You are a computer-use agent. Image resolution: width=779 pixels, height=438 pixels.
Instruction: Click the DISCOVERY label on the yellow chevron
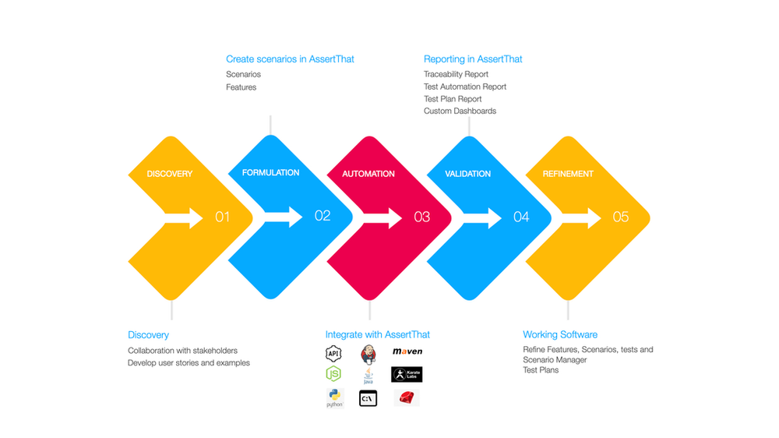(169, 174)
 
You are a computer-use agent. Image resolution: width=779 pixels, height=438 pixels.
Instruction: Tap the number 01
(223, 217)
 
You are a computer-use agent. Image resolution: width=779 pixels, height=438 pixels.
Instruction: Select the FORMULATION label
(270, 173)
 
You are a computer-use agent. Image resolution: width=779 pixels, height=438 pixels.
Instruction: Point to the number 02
(323, 216)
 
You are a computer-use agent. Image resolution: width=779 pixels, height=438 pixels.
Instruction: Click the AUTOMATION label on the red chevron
(368, 174)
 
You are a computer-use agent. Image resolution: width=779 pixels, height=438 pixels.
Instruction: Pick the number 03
(421, 217)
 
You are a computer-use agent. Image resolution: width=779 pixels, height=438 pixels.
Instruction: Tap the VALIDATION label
(468, 174)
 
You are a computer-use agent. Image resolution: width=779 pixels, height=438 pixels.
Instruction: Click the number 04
(521, 217)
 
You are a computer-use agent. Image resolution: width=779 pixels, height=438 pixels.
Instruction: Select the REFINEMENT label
(568, 174)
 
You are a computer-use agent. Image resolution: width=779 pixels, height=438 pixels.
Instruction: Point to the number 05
(621, 217)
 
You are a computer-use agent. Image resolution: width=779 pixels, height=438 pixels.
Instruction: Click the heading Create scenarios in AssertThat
(290, 59)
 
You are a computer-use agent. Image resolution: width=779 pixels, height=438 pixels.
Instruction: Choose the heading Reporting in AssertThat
(473, 59)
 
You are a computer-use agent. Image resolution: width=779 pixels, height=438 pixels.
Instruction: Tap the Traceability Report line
(456, 74)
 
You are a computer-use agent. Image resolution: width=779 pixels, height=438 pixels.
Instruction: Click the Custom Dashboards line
(460, 111)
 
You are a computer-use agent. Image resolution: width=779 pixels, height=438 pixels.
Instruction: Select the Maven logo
(407, 352)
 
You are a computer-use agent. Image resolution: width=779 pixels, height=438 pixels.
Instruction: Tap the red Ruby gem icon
(406, 398)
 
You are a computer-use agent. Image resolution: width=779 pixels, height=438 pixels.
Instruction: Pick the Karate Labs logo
(407, 375)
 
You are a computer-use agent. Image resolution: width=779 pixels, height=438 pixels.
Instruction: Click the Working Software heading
(560, 335)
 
